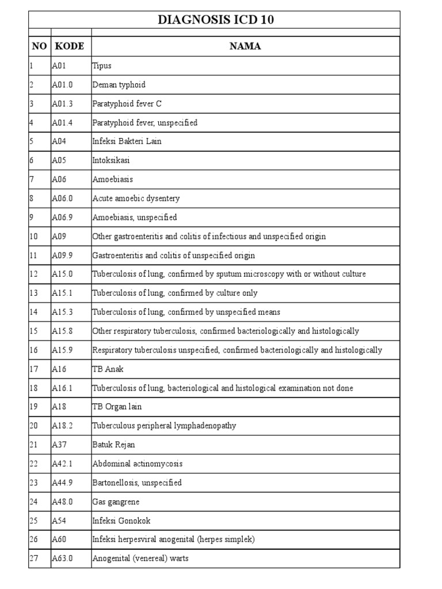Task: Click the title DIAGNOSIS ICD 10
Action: click(216, 20)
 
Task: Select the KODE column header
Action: click(70, 47)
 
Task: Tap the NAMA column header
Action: click(245, 47)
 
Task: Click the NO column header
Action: click(39, 47)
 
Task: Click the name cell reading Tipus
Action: click(102, 66)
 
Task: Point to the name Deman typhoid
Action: click(119, 85)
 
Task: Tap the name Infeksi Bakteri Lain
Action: click(127, 141)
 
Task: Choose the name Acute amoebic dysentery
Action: click(136, 198)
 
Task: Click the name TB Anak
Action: click(108, 369)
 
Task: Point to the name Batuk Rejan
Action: click(114, 445)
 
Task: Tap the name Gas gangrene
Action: click(116, 502)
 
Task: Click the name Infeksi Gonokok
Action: click(121, 521)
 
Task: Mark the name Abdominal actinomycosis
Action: click(138, 464)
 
